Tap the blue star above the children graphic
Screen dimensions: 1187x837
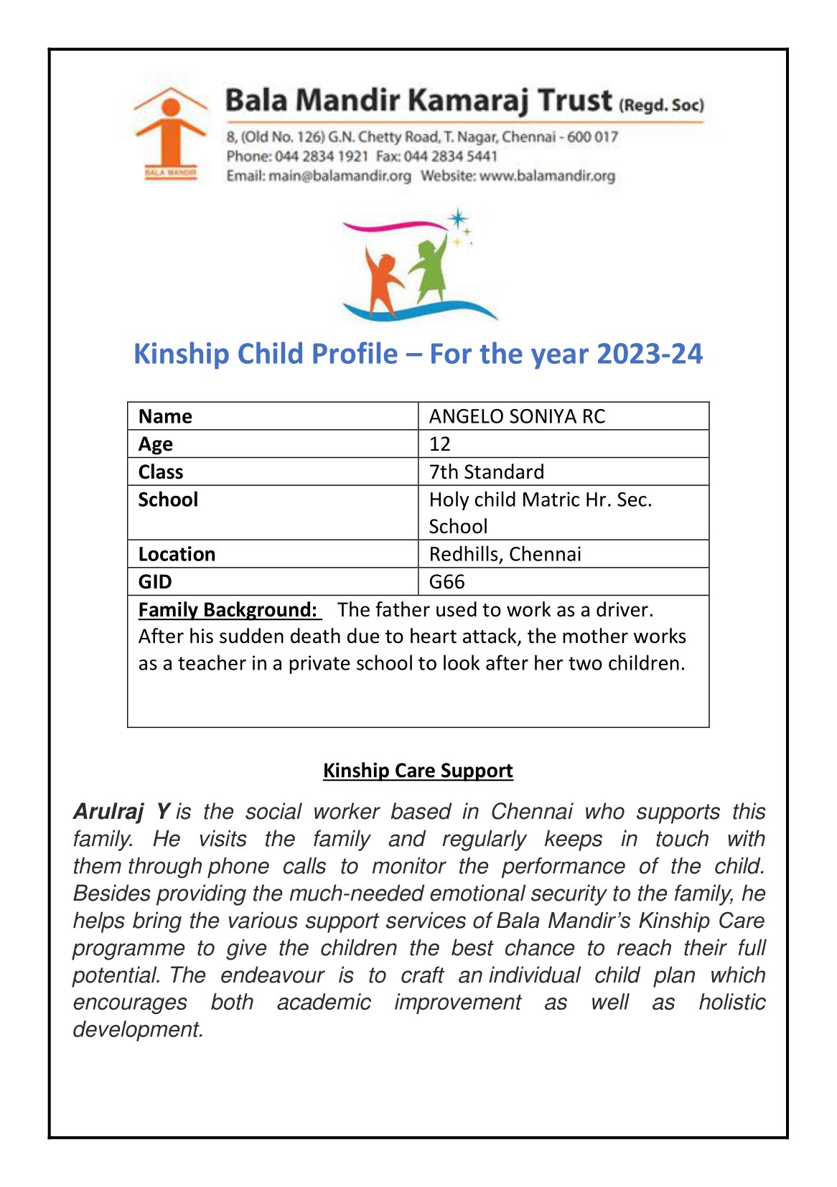457,219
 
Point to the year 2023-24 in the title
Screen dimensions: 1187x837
649,354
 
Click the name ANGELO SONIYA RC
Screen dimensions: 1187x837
517,416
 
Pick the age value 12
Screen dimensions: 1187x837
439,444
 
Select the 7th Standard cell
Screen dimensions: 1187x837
486,471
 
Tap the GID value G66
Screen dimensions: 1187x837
446,581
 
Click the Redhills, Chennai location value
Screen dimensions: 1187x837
505,554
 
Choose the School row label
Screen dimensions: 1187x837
168,499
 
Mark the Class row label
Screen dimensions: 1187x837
161,471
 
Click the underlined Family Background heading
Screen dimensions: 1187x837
228,609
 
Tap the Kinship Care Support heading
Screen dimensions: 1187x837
418,770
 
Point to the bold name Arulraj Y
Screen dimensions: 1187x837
121,812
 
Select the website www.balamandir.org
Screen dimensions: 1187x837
547,176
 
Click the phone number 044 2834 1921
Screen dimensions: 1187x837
321,156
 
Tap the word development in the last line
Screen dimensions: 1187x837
138,1029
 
